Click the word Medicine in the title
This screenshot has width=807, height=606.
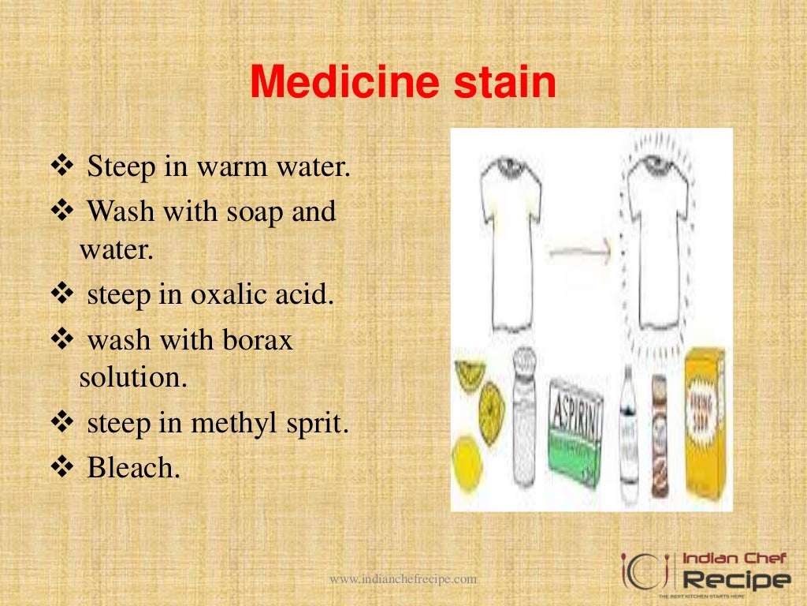pos(349,83)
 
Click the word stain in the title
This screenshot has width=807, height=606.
pos(508,83)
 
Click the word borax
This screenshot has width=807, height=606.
pos(255,340)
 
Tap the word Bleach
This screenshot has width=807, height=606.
pos(133,468)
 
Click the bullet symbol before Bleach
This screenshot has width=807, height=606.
pos(61,468)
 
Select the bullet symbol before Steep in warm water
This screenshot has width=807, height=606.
pos(61,167)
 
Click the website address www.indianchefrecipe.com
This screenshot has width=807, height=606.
pos(403,579)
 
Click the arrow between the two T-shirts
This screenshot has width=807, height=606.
pos(580,253)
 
